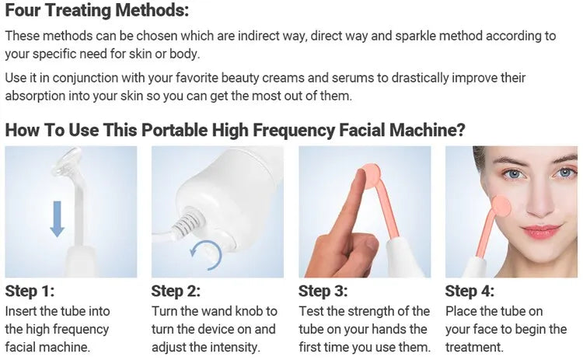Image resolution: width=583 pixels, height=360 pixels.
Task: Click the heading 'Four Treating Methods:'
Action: pyautogui.click(x=96, y=12)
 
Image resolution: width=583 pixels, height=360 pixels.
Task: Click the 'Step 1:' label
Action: pyautogui.click(x=30, y=292)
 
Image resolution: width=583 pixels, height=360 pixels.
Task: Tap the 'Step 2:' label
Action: pyautogui.click(x=176, y=292)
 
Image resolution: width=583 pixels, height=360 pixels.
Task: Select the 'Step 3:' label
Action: pyautogui.click(x=323, y=292)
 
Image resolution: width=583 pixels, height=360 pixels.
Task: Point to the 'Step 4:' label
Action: pyautogui.click(x=470, y=292)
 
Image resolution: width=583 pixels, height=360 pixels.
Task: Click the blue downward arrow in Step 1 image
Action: pyautogui.click(x=57, y=218)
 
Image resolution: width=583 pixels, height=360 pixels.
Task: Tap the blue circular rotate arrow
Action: pyautogui.click(x=207, y=253)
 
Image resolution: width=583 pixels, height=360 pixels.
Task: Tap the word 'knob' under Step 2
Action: pyautogui.click(x=248, y=311)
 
